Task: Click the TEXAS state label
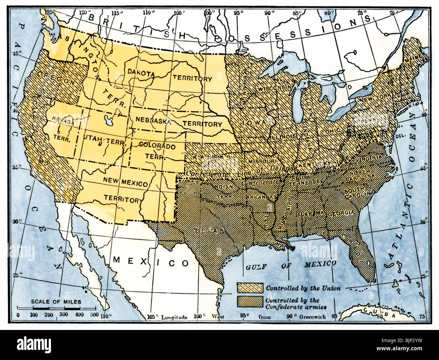pyautogui.click(x=209, y=231)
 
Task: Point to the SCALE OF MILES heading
pyautogui.click(x=56, y=302)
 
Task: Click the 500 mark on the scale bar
pyautogui.click(x=95, y=315)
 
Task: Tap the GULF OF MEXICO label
pyautogui.click(x=290, y=265)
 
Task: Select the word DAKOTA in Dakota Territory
pyautogui.click(x=141, y=73)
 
